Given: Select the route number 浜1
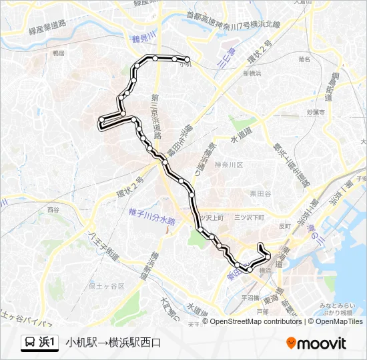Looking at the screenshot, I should [x=48, y=343].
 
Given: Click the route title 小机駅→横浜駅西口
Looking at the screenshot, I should [x=113, y=343].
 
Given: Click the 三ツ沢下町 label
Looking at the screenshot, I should [x=250, y=217].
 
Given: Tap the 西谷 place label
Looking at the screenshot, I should [x=53, y=209].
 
